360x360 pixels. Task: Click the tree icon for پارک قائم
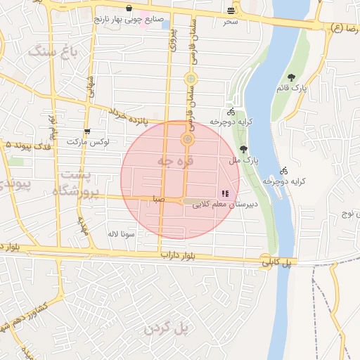click(x=292, y=78)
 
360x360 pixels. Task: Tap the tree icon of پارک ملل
click(x=243, y=149)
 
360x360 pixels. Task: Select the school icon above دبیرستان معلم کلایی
click(x=225, y=193)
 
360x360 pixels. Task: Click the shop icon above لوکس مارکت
click(x=86, y=131)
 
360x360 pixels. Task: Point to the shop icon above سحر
click(x=231, y=11)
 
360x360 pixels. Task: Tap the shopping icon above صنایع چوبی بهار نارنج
click(x=129, y=9)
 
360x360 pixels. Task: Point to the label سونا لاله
click(x=121, y=233)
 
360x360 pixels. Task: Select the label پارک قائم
click(x=300, y=89)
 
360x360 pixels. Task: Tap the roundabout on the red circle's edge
click(x=188, y=139)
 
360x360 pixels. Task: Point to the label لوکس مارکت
click(x=88, y=143)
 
